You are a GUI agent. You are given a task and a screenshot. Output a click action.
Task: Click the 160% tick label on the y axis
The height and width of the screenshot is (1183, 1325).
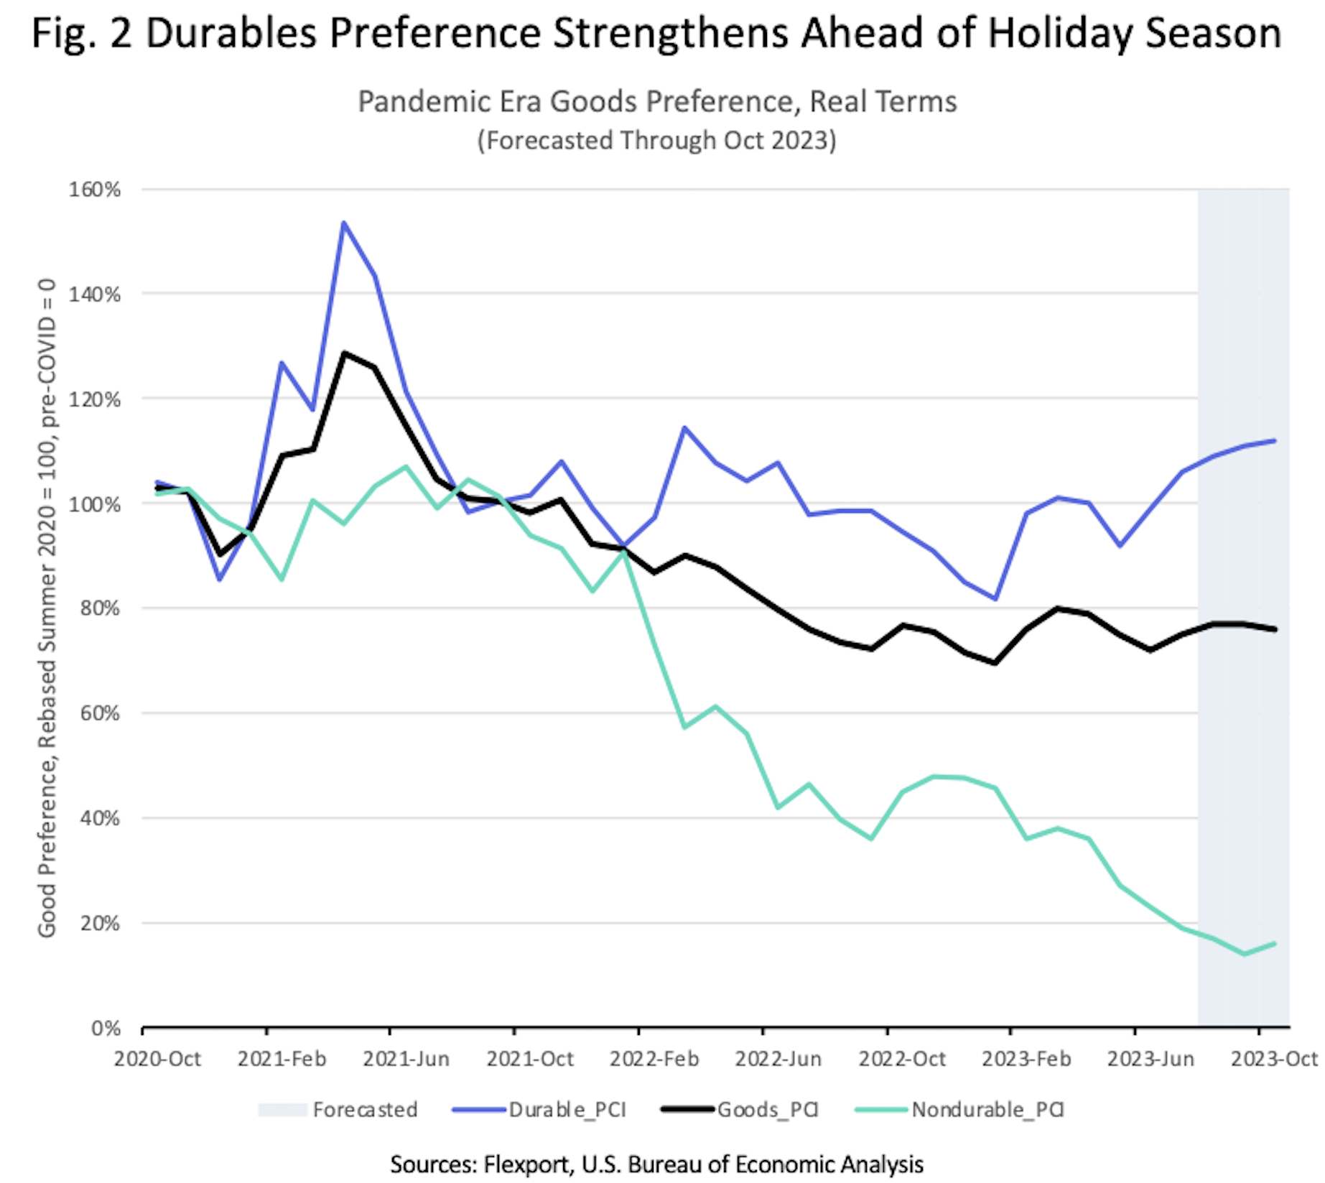[x=94, y=190]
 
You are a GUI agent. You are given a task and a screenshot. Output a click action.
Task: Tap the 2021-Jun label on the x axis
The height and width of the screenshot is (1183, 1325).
[x=406, y=1059]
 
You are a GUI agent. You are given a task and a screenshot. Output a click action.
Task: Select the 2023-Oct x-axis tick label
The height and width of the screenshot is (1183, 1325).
[x=1274, y=1059]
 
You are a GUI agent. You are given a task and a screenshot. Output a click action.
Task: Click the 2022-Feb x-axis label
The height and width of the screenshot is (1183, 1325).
[x=654, y=1059]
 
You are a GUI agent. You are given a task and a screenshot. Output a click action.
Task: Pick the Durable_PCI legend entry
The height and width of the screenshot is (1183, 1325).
[x=567, y=1110]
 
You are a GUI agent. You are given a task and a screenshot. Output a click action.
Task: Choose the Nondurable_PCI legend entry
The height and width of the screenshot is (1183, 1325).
[x=987, y=1110]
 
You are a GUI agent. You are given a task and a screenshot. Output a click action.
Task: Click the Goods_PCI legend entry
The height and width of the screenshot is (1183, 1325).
[x=768, y=1110]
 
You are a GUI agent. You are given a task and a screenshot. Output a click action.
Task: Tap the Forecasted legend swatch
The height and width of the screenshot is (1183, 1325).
[x=282, y=1110]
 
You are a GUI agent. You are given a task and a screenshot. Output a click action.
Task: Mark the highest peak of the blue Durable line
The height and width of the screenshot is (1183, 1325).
[x=344, y=223]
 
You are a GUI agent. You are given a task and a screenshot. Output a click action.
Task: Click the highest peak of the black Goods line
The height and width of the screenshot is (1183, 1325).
[x=344, y=353]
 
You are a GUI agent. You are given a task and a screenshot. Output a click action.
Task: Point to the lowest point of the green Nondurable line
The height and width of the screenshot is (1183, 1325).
[x=1244, y=954]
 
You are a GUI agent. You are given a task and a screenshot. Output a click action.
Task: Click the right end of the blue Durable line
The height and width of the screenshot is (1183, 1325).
[x=1275, y=440]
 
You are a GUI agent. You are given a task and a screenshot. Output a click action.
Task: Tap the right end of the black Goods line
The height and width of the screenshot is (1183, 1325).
[x=1275, y=629]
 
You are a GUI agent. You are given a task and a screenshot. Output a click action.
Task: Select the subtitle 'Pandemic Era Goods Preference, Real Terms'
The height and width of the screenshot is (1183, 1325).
[x=657, y=102]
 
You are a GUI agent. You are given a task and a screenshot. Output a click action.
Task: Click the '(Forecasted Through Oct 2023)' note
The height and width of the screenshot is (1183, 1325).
[x=657, y=140]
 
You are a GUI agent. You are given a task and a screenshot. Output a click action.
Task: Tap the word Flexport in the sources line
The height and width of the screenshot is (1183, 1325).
[x=528, y=1164]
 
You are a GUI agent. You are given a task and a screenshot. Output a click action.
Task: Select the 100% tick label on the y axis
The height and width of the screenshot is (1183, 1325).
[x=94, y=504]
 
